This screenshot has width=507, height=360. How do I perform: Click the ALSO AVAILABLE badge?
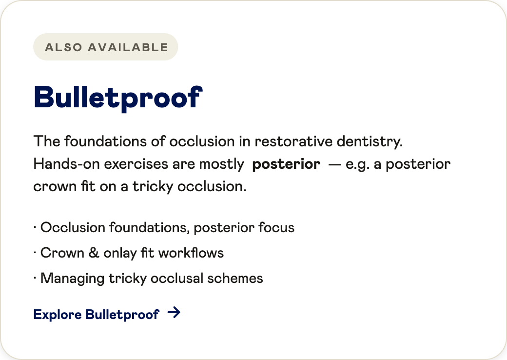click(x=105, y=47)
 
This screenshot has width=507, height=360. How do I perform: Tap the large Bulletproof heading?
click(x=118, y=98)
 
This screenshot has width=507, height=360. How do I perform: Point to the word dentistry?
click(x=370, y=142)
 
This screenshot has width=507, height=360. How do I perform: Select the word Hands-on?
click(x=67, y=164)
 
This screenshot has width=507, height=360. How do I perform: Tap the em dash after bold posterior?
click(x=334, y=165)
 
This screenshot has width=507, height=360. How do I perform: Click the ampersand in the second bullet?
click(x=94, y=253)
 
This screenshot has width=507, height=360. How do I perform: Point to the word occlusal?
click(x=177, y=278)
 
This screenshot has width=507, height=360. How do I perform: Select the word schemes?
click(x=235, y=278)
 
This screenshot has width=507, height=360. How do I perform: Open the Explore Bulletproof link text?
click(x=97, y=315)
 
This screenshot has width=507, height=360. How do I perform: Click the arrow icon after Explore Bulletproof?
click(x=174, y=313)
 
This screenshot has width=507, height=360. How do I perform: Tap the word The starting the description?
click(x=47, y=141)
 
